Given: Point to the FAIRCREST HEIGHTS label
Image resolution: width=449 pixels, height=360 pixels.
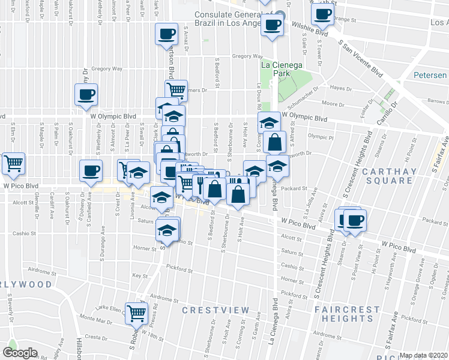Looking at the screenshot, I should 348,315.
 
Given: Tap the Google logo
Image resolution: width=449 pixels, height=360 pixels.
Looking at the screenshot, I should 20,352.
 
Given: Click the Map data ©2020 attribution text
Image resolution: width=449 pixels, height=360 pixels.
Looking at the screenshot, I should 423,355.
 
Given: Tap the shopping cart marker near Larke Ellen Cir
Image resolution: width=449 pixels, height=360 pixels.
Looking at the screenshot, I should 137,313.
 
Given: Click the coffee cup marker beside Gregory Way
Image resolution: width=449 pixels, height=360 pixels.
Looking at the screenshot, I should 86,95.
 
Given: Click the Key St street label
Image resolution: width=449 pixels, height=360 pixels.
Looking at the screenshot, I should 140,275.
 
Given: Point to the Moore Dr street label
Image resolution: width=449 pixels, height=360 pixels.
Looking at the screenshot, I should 333,103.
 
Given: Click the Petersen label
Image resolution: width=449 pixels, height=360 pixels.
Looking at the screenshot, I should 430,76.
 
